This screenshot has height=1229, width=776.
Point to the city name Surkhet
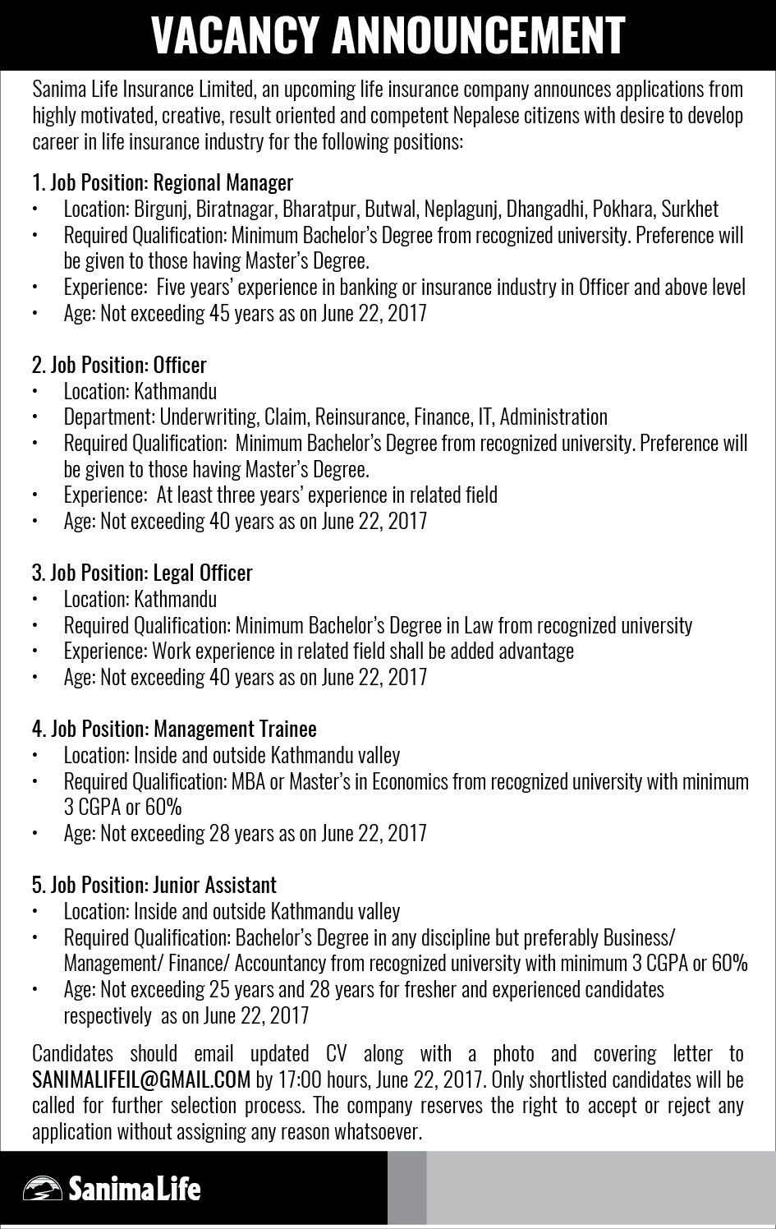(690, 209)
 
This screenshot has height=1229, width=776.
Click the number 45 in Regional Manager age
(219, 313)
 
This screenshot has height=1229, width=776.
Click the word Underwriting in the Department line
(209, 417)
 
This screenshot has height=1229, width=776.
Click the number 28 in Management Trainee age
(219, 833)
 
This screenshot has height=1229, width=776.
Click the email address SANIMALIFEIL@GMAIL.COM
(141, 1079)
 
